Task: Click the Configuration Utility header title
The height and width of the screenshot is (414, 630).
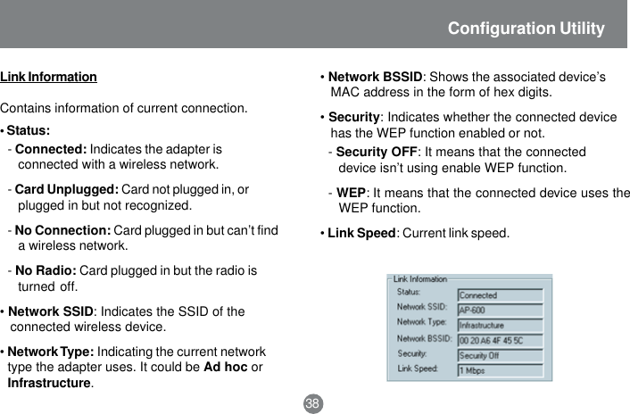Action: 526,29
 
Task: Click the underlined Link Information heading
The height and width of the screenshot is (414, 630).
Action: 48,78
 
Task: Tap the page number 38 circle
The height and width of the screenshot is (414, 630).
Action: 312,404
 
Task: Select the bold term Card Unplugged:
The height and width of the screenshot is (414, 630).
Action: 67,189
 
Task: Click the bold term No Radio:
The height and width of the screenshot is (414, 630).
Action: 46,270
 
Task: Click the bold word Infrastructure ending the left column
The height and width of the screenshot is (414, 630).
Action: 49,383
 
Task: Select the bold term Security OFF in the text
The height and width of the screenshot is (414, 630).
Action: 376,152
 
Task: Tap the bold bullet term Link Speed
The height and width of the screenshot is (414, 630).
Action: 361,234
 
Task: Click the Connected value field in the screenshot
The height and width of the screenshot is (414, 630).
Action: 499,294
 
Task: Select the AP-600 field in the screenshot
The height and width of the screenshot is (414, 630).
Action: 499,310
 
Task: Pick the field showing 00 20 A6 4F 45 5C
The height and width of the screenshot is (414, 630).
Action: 499,340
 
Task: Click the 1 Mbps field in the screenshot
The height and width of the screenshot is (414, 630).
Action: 499,370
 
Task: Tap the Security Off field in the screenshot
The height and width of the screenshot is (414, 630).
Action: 499,355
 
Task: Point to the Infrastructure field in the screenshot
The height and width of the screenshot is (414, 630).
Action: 499,325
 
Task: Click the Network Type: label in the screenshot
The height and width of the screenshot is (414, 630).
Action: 421,321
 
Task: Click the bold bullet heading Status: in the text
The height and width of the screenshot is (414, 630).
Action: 28,131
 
